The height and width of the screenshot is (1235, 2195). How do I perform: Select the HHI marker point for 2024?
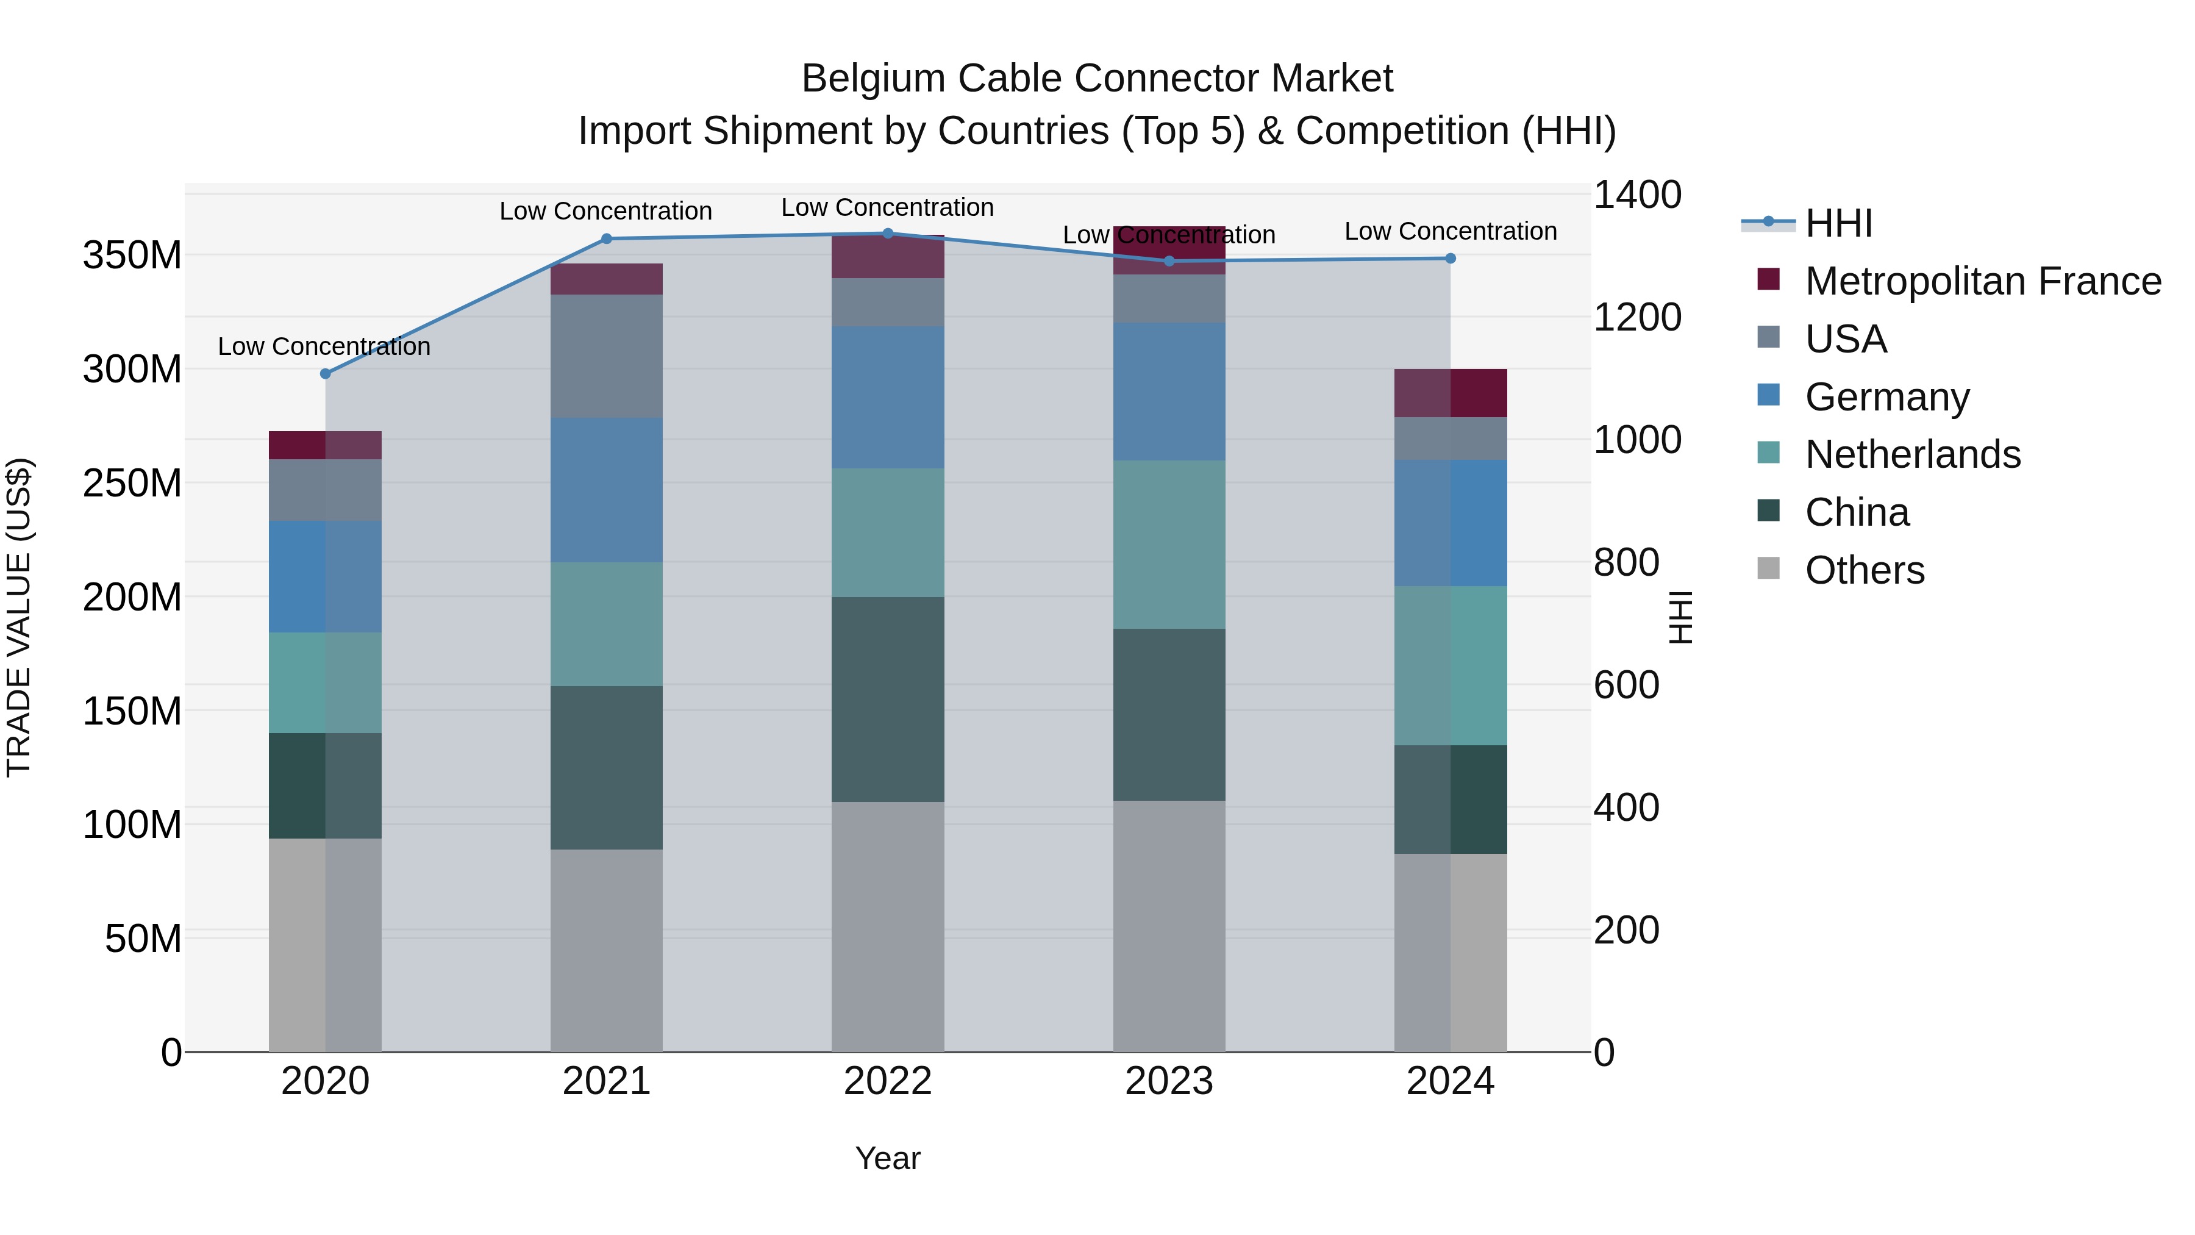click(x=1451, y=258)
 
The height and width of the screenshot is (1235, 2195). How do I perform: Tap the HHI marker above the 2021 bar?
click(x=607, y=238)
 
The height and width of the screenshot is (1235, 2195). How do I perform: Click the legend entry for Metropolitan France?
click(x=1983, y=281)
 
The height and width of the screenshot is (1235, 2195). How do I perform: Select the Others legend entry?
click(x=1865, y=570)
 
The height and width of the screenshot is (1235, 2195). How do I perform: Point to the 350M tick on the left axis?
click(x=132, y=255)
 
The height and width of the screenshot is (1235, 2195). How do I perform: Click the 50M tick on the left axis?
click(x=143, y=939)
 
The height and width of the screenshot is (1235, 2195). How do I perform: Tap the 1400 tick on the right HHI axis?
click(x=1637, y=195)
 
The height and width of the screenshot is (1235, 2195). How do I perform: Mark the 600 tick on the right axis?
click(x=1626, y=686)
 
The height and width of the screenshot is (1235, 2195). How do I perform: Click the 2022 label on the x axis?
click(x=888, y=1081)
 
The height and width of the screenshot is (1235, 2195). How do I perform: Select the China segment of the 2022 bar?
click(x=888, y=699)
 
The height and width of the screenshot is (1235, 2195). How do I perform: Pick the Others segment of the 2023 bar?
click(x=1169, y=926)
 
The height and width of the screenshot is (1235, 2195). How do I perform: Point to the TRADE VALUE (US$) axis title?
click(x=19, y=617)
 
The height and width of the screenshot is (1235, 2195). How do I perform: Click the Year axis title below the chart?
click(x=888, y=1158)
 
